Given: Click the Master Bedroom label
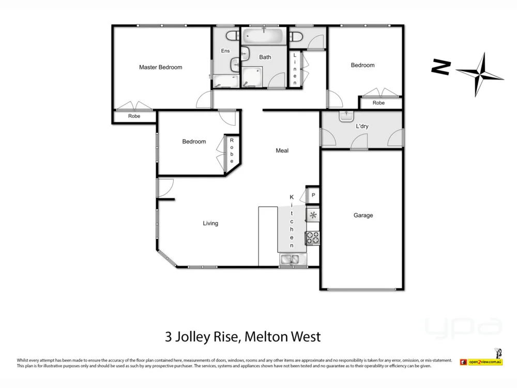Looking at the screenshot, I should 160,67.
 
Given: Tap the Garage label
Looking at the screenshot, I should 363,215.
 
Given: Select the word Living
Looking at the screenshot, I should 210,223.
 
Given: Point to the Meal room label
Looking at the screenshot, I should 282,151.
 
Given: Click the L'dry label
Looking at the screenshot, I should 361,126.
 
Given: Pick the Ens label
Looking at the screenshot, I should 225,51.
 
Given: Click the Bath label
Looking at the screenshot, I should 265,57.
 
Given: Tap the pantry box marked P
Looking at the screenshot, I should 313,196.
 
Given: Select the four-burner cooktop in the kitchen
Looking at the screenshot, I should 313,238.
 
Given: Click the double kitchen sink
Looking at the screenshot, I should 289,260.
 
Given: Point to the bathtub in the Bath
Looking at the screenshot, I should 264,37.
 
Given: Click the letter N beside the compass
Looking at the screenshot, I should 441,67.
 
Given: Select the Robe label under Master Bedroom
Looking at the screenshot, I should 134,117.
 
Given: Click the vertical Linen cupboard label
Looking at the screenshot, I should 295,69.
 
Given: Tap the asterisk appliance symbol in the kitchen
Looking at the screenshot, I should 313,215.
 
